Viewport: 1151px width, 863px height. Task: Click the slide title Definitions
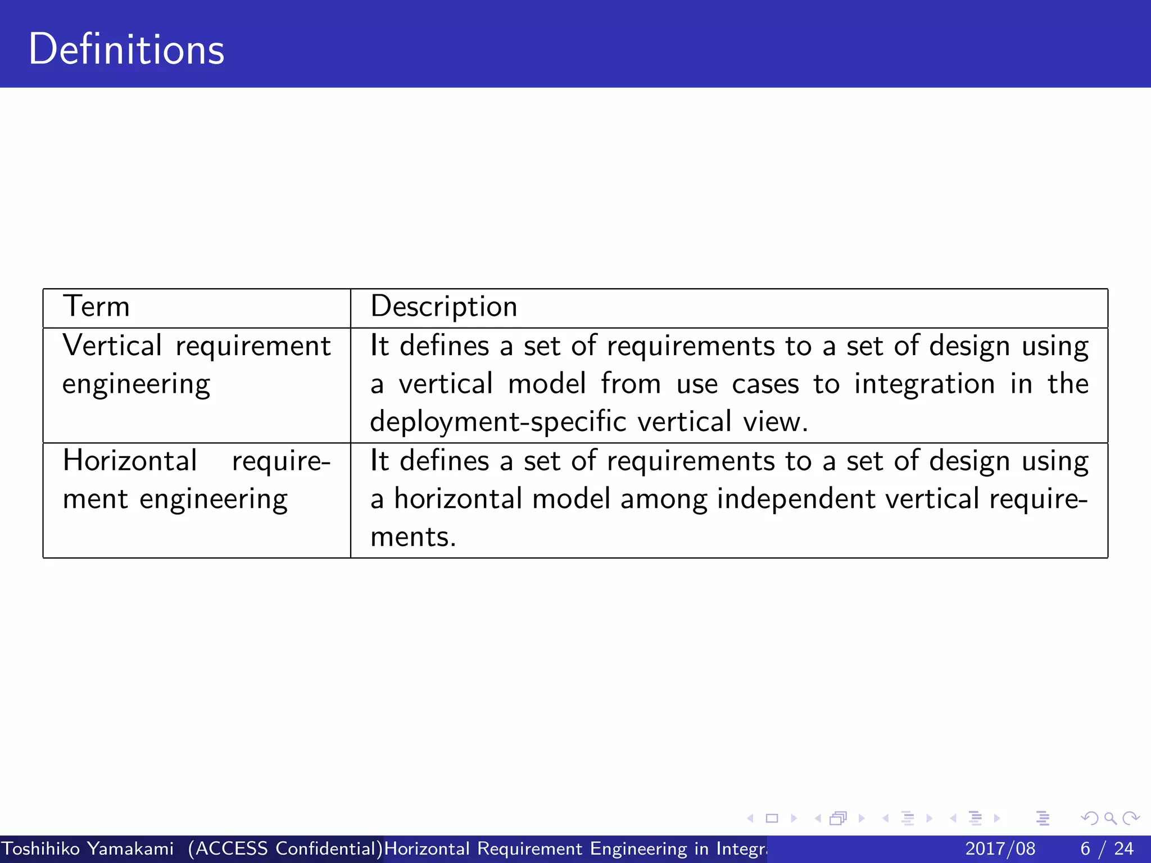click(x=126, y=49)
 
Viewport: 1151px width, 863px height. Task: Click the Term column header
click(x=96, y=307)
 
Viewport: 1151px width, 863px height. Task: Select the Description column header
click(x=443, y=307)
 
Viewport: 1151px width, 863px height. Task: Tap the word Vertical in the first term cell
click(x=112, y=345)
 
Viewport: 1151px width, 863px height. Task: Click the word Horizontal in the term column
click(x=130, y=460)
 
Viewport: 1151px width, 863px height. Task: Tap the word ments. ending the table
click(x=413, y=537)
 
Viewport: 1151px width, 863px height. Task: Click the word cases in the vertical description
click(x=765, y=384)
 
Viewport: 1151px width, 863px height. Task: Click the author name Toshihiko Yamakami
click(x=88, y=848)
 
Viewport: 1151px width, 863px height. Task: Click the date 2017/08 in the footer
click(x=1000, y=848)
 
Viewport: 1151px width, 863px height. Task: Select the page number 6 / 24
click(x=1107, y=848)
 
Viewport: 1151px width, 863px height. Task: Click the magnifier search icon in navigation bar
click(x=1110, y=819)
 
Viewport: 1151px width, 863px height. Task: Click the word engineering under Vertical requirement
click(x=136, y=385)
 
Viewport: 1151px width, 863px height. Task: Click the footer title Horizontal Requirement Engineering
click(x=573, y=848)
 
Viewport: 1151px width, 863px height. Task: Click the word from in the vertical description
click(x=631, y=384)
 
